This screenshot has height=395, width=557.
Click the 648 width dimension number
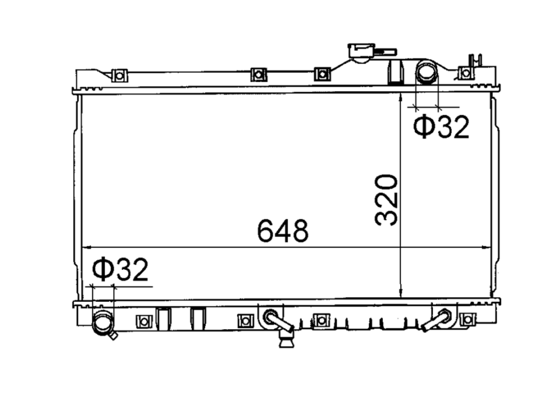click(283, 231)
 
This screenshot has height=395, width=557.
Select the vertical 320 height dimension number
click(386, 200)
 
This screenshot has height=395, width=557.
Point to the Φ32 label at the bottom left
click(119, 269)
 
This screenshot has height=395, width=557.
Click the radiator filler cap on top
click(362, 52)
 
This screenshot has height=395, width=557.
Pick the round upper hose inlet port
click(426, 72)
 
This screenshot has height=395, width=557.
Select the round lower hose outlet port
click(103, 322)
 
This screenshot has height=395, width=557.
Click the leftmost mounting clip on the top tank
click(119, 76)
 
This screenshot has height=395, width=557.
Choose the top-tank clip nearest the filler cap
click(322, 74)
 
